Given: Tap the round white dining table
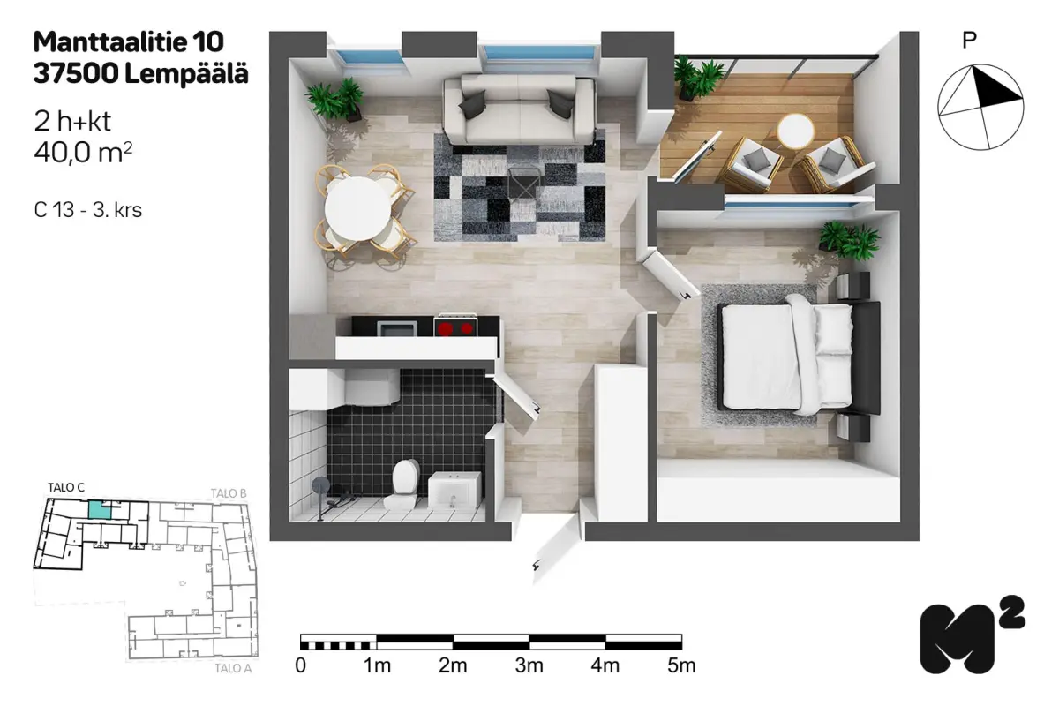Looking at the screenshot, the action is click(x=358, y=208).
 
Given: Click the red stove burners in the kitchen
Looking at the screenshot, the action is click(x=455, y=327).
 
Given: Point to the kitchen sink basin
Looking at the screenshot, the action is click(x=397, y=328).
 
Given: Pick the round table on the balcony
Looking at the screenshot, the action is click(x=796, y=131).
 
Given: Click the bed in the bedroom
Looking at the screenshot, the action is click(x=799, y=356).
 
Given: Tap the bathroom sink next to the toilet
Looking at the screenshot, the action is click(x=454, y=490).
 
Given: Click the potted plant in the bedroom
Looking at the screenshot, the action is click(x=850, y=240).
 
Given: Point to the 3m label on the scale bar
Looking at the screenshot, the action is click(x=529, y=665).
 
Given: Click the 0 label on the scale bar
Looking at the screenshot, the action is click(x=301, y=665).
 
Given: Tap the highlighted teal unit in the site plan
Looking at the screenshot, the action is click(x=101, y=510).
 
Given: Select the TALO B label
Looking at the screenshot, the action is click(x=229, y=493).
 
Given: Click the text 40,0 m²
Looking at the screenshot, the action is click(x=83, y=153).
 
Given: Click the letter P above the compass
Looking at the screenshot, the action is click(x=969, y=41).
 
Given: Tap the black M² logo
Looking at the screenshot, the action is click(x=973, y=635).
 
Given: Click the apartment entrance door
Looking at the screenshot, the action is click(x=556, y=549).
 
